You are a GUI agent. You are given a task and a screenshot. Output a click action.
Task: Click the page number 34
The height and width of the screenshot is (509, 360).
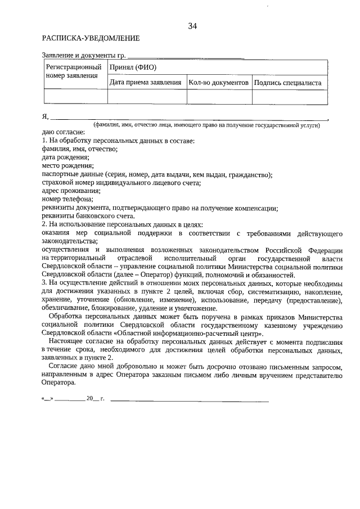(x=192, y=26)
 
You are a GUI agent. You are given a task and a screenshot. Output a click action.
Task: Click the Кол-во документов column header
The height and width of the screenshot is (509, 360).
(x=219, y=83)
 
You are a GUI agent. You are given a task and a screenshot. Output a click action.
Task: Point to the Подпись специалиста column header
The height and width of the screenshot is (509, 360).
(x=287, y=83)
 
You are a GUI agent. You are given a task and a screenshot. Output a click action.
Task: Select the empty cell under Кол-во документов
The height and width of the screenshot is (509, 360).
(x=219, y=97)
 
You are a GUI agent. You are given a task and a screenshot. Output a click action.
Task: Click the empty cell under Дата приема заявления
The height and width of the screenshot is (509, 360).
(x=147, y=97)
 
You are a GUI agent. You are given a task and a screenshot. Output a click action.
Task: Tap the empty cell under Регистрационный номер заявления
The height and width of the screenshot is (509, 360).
(x=75, y=97)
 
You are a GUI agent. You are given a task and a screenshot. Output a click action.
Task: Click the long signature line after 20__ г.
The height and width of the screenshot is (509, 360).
(x=190, y=385)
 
